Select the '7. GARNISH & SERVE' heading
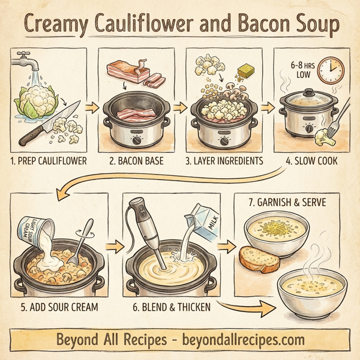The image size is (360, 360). [x=287, y=203]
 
